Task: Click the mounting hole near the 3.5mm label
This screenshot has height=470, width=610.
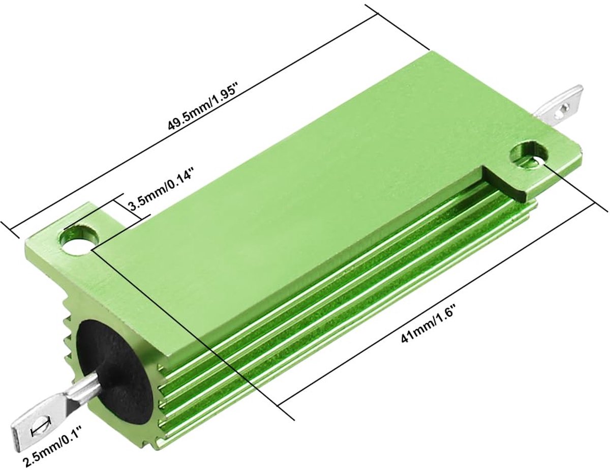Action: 79,237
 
